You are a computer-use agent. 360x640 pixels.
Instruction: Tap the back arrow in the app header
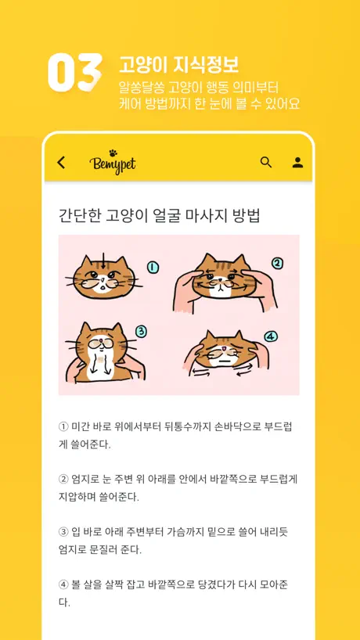61,163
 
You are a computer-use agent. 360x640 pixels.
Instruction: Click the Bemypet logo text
113,165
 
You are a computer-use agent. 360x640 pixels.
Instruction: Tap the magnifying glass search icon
266,162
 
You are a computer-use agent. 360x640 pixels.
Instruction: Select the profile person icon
297,163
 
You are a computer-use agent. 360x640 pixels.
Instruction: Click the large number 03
75,72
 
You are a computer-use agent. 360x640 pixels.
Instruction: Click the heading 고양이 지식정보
178,64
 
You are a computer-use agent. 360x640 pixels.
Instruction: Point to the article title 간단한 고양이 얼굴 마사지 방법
160,215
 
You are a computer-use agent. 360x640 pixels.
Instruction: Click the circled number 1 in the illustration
153,268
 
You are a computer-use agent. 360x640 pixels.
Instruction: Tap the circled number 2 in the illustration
277,264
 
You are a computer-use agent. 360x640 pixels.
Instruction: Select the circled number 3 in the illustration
141,333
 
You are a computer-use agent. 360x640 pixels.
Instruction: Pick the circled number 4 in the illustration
271,336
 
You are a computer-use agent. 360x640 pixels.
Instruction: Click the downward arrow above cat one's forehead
103,261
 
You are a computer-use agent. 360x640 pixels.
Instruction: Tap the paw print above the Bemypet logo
113,153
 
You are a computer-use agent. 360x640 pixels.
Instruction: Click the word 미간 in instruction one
80,427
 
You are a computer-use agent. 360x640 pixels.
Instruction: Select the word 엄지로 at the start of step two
83,479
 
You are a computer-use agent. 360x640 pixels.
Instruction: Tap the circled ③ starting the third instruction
63,532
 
